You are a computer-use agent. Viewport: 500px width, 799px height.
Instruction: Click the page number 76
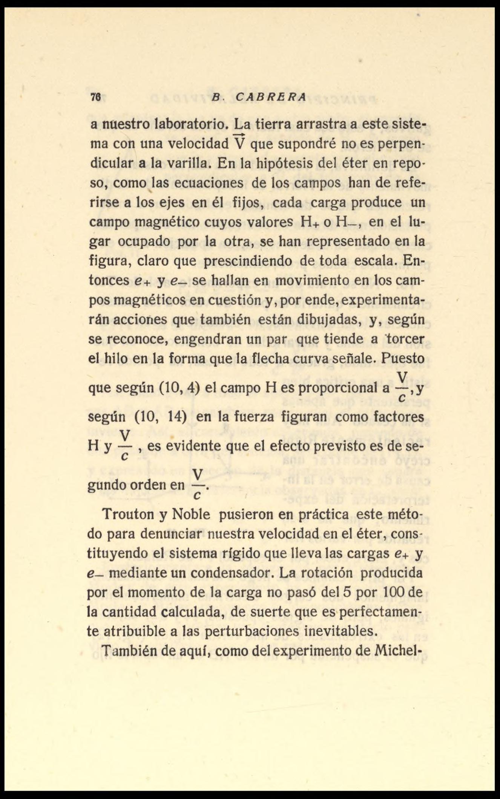(94, 97)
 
